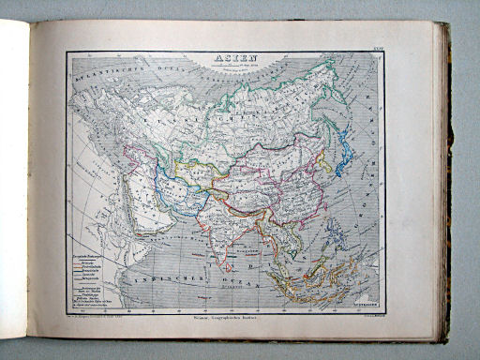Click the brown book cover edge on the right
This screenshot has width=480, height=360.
447,187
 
